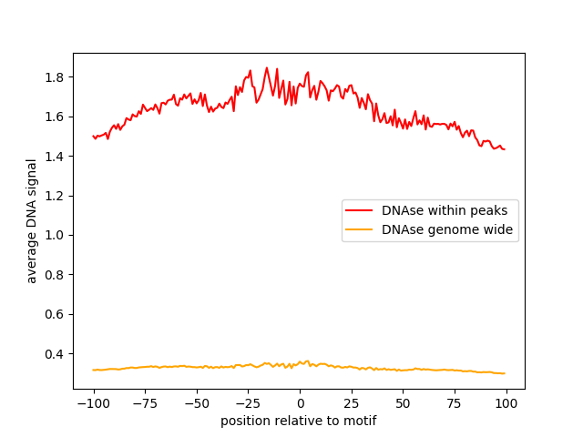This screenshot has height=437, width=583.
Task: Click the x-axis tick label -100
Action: coord(93,404)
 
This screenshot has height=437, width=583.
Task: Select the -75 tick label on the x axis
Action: coord(145,404)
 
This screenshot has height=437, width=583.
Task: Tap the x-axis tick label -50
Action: coord(197,404)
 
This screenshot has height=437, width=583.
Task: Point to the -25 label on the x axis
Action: coord(248,404)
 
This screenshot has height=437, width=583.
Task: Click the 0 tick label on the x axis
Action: coord(300,404)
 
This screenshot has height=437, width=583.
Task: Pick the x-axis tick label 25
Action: coord(352,404)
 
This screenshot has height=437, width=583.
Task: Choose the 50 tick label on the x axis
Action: coord(403,404)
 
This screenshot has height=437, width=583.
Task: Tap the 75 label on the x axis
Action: coord(455,404)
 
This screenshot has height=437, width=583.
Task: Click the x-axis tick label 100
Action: coord(506,404)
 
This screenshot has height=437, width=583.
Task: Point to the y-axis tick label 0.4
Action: coord(56,354)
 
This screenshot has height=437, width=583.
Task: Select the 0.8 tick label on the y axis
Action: coord(56,275)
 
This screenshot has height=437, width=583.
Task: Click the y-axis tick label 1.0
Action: coord(56,236)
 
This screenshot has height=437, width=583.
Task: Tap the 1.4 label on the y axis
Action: coord(56,157)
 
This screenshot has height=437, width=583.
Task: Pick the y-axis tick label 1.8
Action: coord(56,77)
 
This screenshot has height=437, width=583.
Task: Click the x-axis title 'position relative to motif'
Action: coord(299,422)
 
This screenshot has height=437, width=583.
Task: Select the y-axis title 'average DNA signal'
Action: coord(32,221)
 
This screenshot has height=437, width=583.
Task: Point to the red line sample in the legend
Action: coord(360,210)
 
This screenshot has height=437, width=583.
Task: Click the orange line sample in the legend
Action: coord(360,229)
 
